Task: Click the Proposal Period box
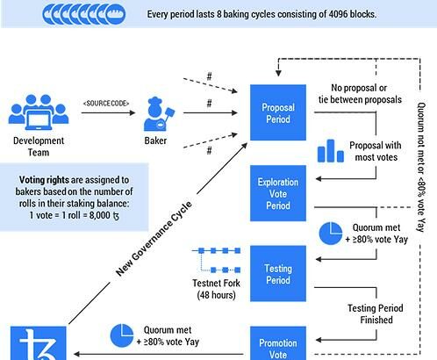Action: click(x=278, y=112)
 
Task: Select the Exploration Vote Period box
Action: click(x=278, y=193)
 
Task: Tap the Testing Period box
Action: click(x=278, y=274)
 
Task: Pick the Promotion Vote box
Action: click(x=278, y=343)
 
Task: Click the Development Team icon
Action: click(x=39, y=112)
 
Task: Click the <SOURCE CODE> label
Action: click(x=106, y=104)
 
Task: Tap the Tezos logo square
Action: click(x=39, y=343)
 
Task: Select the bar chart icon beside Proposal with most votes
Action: click(x=331, y=151)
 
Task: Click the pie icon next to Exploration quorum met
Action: click(x=331, y=234)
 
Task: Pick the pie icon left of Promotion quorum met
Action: click(x=122, y=335)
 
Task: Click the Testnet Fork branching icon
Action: click(x=217, y=260)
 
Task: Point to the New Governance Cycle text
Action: click(x=154, y=239)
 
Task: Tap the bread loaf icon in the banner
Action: click(x=116, y=14)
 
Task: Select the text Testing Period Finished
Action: click(x=376, y=313)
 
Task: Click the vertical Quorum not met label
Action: click(x=421, y=167)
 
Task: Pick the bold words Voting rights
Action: click(x=44, y=180)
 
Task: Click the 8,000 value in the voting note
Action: click(x=100, y=215)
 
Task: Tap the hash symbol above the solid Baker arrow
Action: click(x=209, y=104)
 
